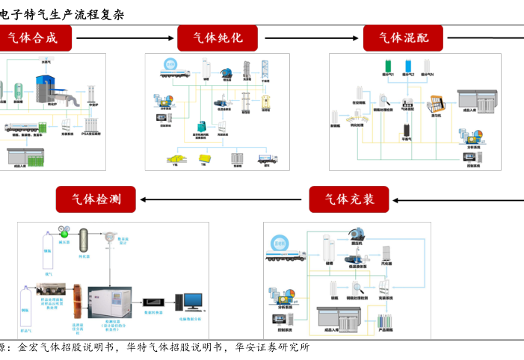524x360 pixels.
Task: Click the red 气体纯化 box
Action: [x=218, y=38]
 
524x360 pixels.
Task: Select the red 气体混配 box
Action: [x=403, y=38]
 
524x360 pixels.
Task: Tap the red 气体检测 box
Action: [x=96, y=199]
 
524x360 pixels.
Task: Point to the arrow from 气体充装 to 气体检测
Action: [x=225, y=199]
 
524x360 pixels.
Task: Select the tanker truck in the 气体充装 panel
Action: [x=285, y=255]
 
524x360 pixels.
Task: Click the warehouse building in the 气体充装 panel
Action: [x=339, y=317]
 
